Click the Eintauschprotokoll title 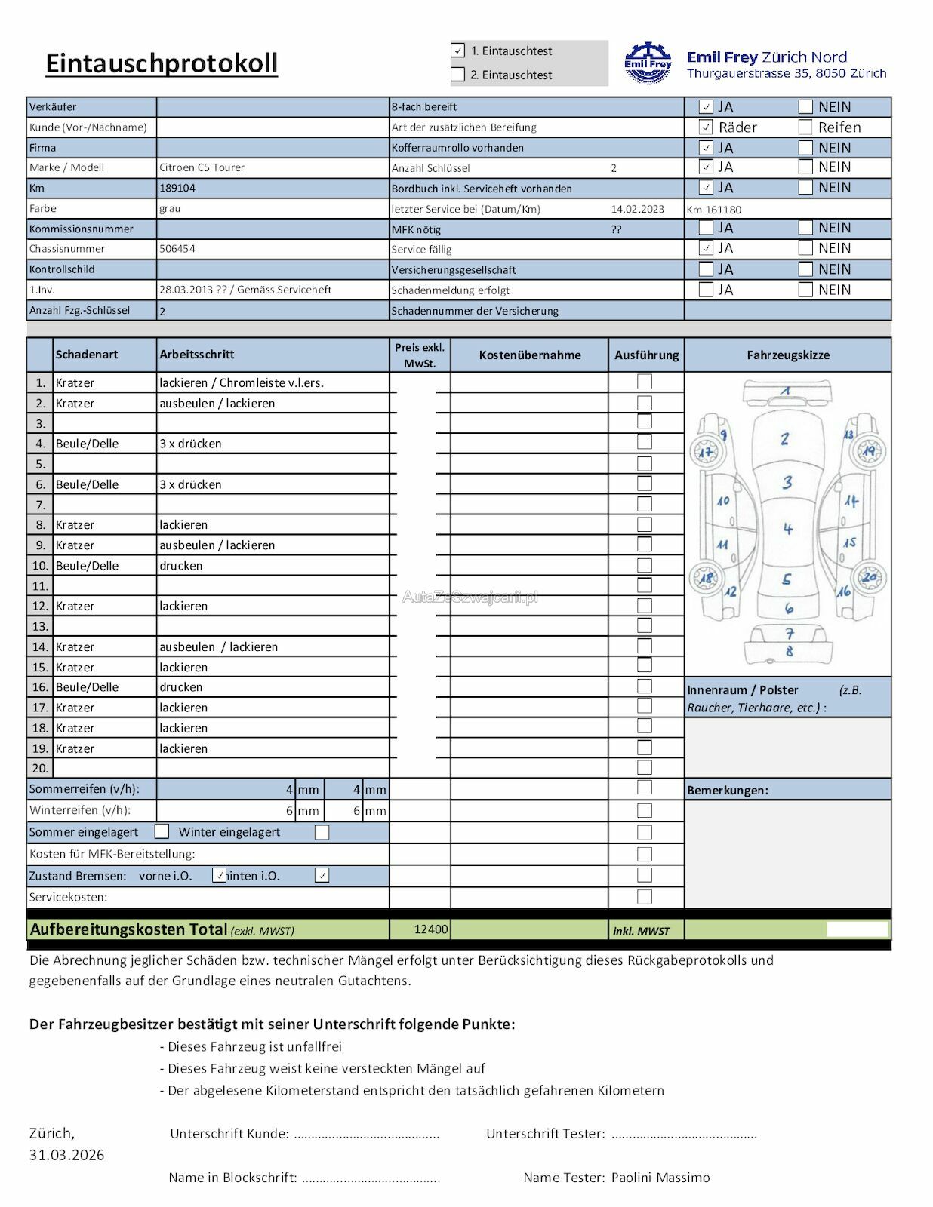click(x=162, y=63)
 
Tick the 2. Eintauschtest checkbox click(x=458, y=75)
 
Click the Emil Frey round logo click(x=648, y=63)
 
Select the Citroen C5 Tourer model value click(x=202, y=167)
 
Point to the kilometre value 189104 click(x=177, y=188)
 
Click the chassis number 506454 click(x=177, y=248)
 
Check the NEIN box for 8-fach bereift click(x=805, y=107)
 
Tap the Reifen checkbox click(x=805, y=127)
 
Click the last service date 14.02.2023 click(x=638, y=209)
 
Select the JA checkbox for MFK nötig click(x=706, y=228)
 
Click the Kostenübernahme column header click(x=530, y=355)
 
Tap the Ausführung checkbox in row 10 click(x=645, y=565)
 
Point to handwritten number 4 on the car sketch click(x=787, y=529)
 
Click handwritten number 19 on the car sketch click(x=869, y=450)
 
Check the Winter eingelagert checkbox click(x=322, y=832)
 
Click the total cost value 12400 click(x=431, y=929)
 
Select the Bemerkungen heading click(x=728, y=791)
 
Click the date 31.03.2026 click(x=67, y=1155)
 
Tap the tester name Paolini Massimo click(x=660, y=1178)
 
